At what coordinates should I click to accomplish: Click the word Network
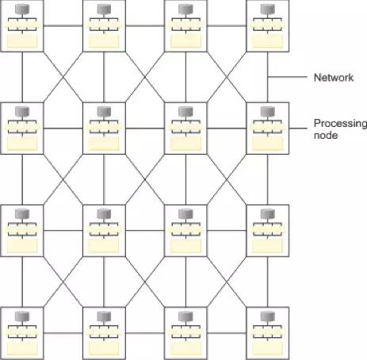click(x=334, y=78)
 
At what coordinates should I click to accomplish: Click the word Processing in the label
click(x=340, y=124)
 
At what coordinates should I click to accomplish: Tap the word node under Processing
click(x=326, y=136)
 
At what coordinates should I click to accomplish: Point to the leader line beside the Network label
click(x=288, y=77)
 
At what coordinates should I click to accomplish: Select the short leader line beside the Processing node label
click(x=298, y=128)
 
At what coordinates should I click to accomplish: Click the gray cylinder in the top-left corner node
click(x=22, y=9)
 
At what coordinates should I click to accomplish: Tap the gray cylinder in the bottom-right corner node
click(x=268, y=316)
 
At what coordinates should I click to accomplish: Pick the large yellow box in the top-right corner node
click(x=267, y=41)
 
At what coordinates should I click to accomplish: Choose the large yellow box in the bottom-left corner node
click(x=22, y=349)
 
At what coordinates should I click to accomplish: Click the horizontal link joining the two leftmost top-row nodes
click(x=63, y=25)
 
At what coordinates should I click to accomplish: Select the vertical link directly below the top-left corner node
click(x=22, y=77)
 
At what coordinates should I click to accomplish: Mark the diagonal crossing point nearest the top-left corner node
click(x=63, y=77)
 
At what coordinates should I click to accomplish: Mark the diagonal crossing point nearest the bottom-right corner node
click(x=227, y=282)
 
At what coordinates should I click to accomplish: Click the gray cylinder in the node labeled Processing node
click(x=268, y=112)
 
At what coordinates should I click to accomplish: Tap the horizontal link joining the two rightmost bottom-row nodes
click(x=227, y=333)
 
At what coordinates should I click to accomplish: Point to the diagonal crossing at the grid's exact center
click(x=145, y=180)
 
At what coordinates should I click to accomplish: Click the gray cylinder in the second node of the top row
click(x=104, y=9)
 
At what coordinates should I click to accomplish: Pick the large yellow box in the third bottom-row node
click(x=185, y=349)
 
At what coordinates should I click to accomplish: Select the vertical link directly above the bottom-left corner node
click(x=22, y=281)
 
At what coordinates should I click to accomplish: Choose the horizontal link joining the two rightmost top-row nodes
click(x=227, y=25)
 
